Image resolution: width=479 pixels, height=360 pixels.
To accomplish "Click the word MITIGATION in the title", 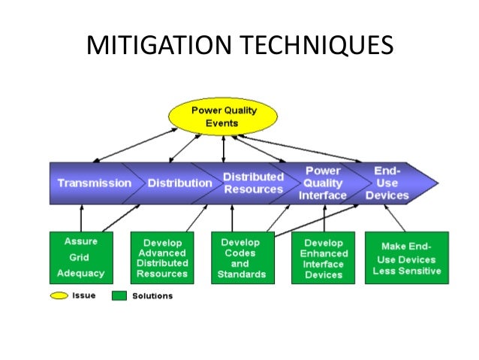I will click(161, 46).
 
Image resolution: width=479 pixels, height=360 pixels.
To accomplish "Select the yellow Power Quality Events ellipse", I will click(224, 116).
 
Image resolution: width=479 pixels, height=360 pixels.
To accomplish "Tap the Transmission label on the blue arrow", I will click(95, 183).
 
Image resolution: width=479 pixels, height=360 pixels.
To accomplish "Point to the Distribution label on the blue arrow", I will click(179, 183).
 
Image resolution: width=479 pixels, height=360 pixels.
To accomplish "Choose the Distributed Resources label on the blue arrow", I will click(253, 183).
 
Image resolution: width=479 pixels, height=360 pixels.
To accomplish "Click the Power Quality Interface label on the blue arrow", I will click(324, 183).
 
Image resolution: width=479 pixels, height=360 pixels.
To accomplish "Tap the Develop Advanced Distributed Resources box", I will click(162, 258).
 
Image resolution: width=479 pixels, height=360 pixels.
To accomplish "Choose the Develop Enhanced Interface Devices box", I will click(323, 258).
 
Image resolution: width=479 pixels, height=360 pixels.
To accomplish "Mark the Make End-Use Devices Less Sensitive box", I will click(406, 258).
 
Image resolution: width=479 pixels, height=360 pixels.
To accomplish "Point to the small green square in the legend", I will click(119, 295).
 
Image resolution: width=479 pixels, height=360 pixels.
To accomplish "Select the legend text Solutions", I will click(152, 296).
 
